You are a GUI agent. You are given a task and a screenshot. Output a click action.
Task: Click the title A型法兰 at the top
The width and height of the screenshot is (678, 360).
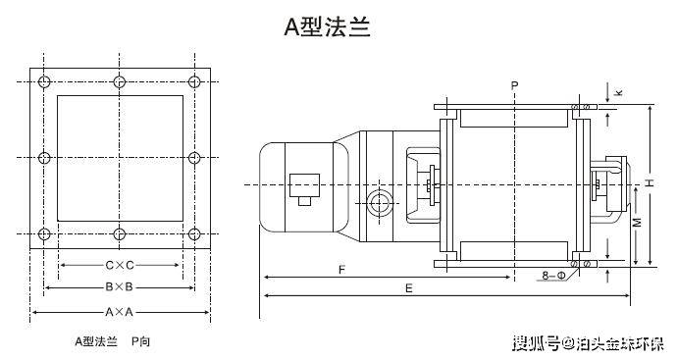coord(328,27)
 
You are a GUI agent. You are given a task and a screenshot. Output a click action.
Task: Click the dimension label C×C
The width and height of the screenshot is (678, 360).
coord(119,265)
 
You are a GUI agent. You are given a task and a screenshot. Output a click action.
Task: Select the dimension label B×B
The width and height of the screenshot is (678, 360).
coord(119,287)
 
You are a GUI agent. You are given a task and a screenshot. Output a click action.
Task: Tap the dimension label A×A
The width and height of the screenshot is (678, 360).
coord(119,311)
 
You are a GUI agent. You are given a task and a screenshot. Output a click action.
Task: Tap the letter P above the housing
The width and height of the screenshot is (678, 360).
coord(513,86)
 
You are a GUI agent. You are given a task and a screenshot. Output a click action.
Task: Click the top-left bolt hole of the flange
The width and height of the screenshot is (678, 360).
coord(43,80)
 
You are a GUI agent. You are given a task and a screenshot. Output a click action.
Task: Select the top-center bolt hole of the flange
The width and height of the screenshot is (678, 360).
coord(119,80)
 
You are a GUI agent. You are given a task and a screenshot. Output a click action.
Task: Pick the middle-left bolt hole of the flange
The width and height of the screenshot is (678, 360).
coord(43,157)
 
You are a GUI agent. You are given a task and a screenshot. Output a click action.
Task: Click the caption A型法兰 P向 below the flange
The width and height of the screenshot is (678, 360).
coord(114,341)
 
